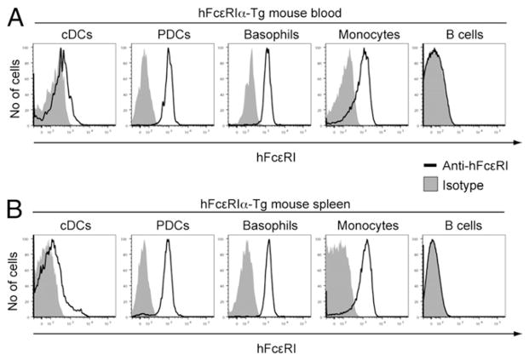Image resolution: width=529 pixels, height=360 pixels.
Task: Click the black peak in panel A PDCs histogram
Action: coord(169,50)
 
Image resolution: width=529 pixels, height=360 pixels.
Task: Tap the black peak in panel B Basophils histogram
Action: coord(268,242)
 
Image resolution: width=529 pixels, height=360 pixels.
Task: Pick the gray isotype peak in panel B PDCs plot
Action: coord(144,242)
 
